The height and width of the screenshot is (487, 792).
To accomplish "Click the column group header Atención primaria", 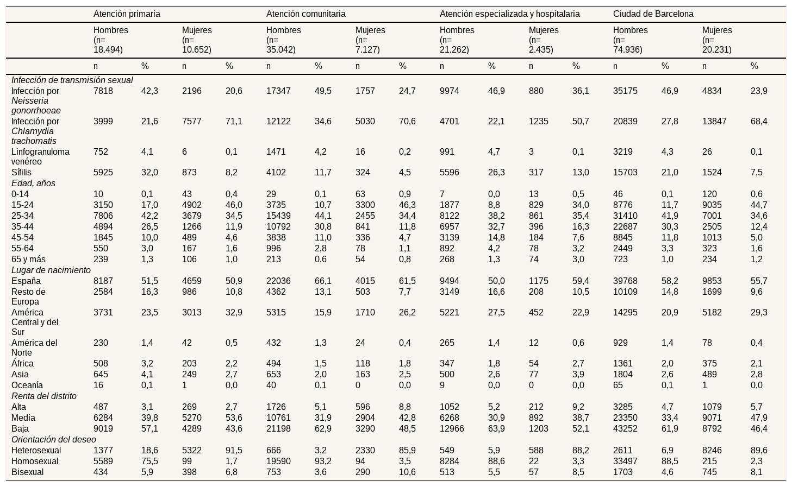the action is click(x=127, y=14).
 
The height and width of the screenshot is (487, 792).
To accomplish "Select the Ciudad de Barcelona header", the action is click(x=653, y=14).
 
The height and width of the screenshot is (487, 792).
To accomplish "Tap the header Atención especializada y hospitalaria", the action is click(x=509, y=14).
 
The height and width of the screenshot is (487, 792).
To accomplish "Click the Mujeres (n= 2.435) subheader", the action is click(x=544, y=40).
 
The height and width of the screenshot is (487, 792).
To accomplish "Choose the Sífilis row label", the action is click(x=21, y=172).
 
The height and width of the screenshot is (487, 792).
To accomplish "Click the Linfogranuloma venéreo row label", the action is click(x=40, y=156).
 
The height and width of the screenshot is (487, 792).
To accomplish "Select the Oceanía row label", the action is click(x=27, y=385).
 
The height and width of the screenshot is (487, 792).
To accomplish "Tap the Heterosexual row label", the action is click(x=36, y=450).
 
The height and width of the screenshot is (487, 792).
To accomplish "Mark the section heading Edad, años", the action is click(x=33, y=184).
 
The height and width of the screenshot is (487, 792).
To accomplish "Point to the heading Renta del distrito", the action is click(x=44, y=396).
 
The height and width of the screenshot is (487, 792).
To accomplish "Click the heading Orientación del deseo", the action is click(x=54, y=439).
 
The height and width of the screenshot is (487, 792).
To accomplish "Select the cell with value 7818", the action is click(x=103, y=91).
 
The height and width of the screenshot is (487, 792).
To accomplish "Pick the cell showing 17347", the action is click(x=278, y=91).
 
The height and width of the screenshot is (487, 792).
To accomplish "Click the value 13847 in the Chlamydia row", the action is click(x=714, y=121).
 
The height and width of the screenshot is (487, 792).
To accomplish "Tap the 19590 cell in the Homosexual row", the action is click(x=278, y=461).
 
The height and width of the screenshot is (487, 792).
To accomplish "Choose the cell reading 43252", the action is click(x=625, y=429).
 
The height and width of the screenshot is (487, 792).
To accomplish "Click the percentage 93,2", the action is click(x=323, y=461).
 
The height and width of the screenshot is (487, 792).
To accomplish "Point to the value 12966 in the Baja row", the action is click(x=452, y=429).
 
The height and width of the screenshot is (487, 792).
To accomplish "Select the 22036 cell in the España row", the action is click(x=278, y=281).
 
